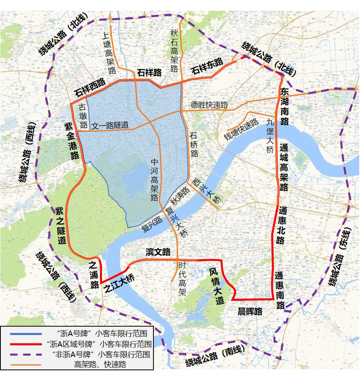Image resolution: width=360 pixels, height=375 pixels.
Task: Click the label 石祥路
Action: coord(149,73)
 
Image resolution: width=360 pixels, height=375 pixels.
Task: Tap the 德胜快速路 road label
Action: coord(209,105)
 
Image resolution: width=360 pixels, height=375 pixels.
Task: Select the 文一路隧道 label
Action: coord(110,126)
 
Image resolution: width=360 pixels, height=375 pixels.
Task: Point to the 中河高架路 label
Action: coord(155,181)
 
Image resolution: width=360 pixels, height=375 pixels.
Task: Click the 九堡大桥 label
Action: coord(270,136)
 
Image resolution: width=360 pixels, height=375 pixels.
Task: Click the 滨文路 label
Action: coord(158,252)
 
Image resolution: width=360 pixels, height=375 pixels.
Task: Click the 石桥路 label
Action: coord(194,145)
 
